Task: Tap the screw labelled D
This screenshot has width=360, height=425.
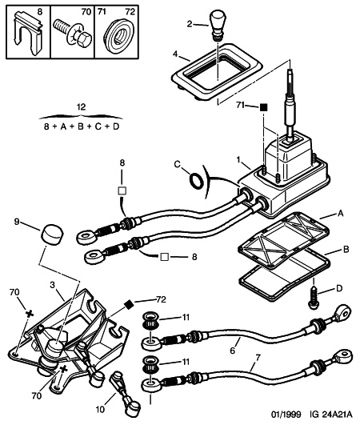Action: [x=313, y=299]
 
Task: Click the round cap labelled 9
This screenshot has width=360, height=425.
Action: [x=52, y=233]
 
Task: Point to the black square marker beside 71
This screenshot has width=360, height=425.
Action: [x=263, y=107]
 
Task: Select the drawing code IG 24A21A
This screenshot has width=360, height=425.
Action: [x=331, y=415]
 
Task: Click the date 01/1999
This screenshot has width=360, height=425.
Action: [x=286, y=415]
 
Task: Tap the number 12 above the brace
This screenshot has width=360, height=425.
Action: [x=81, y=106]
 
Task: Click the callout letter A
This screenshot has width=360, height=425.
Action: [x=340, y=214]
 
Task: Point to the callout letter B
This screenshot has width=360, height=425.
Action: [x=346, y=250]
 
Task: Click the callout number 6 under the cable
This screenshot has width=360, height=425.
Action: [x=233, y=351]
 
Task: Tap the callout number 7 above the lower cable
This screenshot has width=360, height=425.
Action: [x=258, y=358]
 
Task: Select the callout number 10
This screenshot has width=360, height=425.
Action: [x=100, y=409]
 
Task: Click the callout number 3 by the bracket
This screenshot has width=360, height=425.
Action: [x=52, y=285]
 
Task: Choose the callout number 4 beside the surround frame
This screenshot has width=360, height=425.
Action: [x=175, y=54]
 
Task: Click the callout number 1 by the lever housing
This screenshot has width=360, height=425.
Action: [x=238, y=160]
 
